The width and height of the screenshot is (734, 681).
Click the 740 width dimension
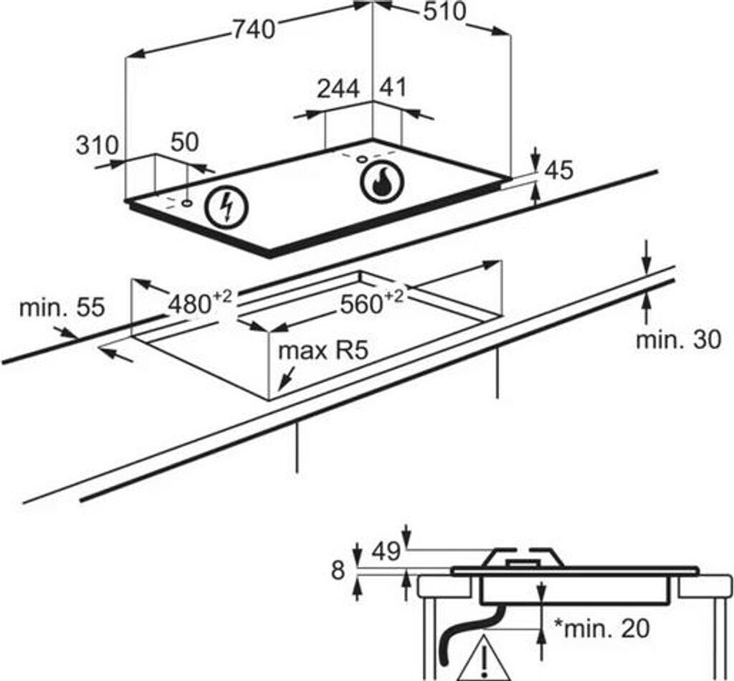tap(254, 30)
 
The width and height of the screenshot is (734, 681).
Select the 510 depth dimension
tap(444, 12)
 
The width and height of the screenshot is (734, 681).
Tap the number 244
tap(338, 89)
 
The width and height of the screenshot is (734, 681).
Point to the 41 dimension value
tap(394, 87)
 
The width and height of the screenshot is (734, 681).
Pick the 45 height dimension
tap(559, 171)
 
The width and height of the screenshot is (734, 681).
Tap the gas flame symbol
tap(383, 183)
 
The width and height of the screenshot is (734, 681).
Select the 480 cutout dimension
tap(200, 302)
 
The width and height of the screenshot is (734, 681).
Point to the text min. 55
tap(62, 308)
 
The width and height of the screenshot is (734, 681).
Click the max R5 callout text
tap(323, 350)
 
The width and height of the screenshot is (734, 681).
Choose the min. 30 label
tap(679, 339)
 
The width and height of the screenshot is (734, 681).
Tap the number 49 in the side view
tap(386, 552)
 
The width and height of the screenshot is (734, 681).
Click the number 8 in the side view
tap(338, 571)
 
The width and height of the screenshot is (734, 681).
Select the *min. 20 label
tap(601, 629)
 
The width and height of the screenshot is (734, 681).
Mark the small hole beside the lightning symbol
tap(187, 204)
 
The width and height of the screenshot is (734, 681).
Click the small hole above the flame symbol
tap(362, 159)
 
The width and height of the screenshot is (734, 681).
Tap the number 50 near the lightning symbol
tap(184, 142)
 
